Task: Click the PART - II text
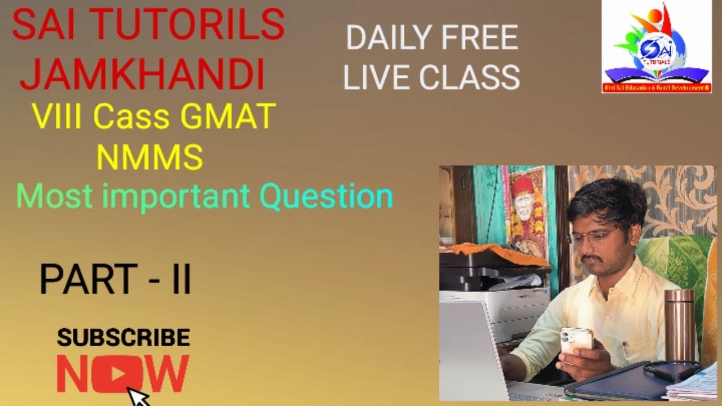pos(115,280)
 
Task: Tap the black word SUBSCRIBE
pos(123,338)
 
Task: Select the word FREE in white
pos(479,38)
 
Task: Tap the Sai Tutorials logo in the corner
pos(657,46)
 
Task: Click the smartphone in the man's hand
pos(576,340)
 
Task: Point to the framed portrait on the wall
pos(527,210)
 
